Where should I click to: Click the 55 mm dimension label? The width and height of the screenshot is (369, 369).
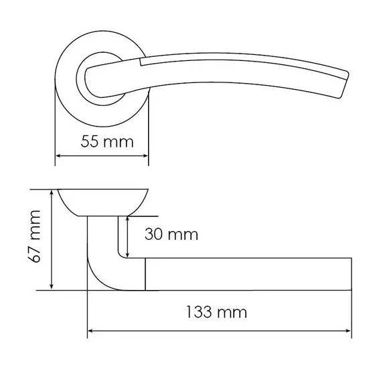tap(107, 142)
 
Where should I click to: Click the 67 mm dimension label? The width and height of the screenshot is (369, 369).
tap(34, 236)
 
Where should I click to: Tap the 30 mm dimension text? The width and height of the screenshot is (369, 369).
tap(171, 234)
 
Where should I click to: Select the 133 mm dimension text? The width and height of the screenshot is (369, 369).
tap(216, 312)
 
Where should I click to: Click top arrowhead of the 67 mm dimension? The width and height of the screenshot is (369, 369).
tap(52, 193)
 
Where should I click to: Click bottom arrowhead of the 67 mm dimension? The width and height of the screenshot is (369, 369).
tap(52, 285)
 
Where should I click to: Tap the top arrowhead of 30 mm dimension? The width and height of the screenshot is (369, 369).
tap(127, 220)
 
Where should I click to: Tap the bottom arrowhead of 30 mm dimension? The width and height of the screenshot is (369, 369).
tap(127, 254)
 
